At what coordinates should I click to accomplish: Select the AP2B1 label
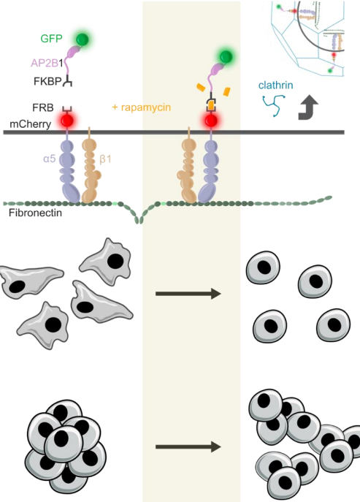pos(47,64)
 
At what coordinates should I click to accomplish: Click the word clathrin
pos(277,85)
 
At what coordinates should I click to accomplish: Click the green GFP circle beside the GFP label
pos(84,39)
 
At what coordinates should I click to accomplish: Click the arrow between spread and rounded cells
pos(188,294)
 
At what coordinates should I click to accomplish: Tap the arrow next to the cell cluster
pos(188,446)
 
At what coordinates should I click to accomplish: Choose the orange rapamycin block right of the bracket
pos(227,93)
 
